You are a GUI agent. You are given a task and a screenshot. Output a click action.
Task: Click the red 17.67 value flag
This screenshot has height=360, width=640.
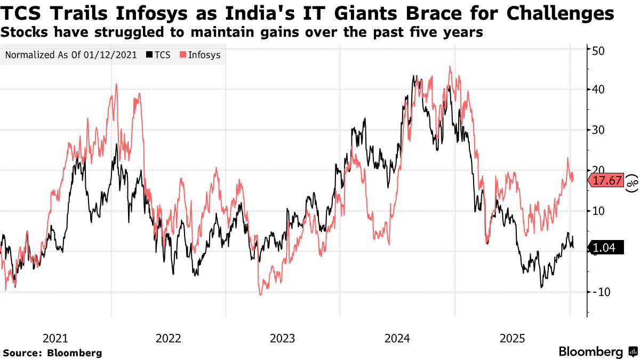[606, 181]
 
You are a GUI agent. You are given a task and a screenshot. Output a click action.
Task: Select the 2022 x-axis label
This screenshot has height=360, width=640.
[169, 338]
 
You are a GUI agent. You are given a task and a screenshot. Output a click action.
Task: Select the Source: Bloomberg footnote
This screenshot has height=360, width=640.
[52, 353]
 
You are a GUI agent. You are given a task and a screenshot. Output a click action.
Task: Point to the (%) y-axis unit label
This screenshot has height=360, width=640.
[632, 182]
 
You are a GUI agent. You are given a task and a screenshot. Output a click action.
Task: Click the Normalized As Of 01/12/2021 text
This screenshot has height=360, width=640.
[71, 55]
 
